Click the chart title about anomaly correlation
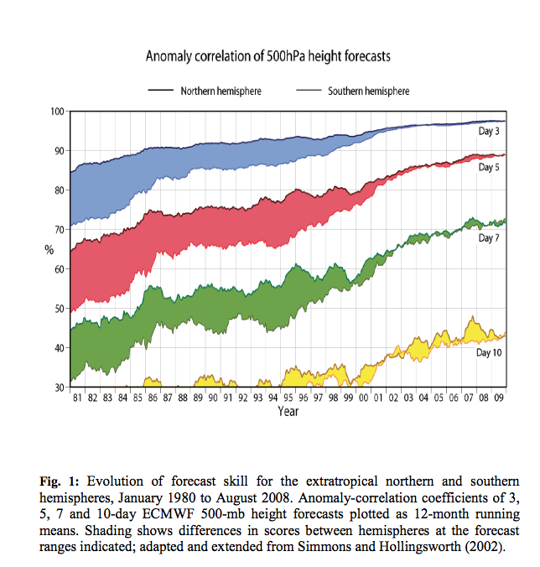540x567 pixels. pyautogui.click(x=268, y=57)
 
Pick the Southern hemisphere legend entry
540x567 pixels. pyautogui.click(x=367, y=91)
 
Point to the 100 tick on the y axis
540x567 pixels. pyautogui.click(x=57, y=112)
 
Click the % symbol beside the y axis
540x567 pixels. pyautogui.click(x=49, y=249)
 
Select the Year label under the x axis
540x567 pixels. pyautogui.click(x=289, y=412)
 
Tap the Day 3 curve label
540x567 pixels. pyautogui.click(x=489, y=133)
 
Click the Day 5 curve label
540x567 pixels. pyautogui.click(x=489, y=168)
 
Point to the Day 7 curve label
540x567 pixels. pyautogui.click(x=489, y=239)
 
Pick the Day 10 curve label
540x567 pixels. pyautogui.click(x=489, y=353)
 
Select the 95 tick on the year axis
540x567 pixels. pyautogui.click(x=288, y=398)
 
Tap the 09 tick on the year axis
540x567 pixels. pyautogui.click(x=498, y=398)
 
